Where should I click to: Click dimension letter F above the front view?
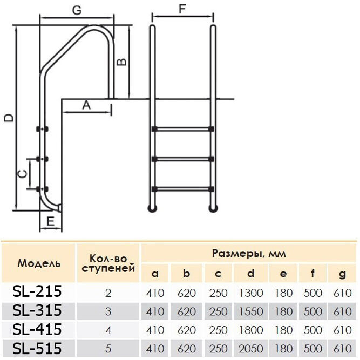coord(182,9)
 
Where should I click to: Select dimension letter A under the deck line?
coord(86,105)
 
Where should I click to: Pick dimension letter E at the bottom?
coord(50,221)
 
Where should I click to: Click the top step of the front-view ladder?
coord(182,130)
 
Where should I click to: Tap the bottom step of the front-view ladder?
coord(182,189)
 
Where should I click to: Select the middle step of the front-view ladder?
coord(182,159)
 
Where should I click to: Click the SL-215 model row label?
coord(37,292)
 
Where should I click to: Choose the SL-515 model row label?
coord(37,348)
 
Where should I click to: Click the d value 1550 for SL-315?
coord(250,311)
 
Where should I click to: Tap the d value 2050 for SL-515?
coord(250,348)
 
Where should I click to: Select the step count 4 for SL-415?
coord(108,330)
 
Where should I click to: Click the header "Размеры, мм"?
coord(248,253)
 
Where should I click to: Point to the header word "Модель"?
coord(39,264)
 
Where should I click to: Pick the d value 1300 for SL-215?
coord(250,293)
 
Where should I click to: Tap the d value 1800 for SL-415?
coord(250,330)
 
